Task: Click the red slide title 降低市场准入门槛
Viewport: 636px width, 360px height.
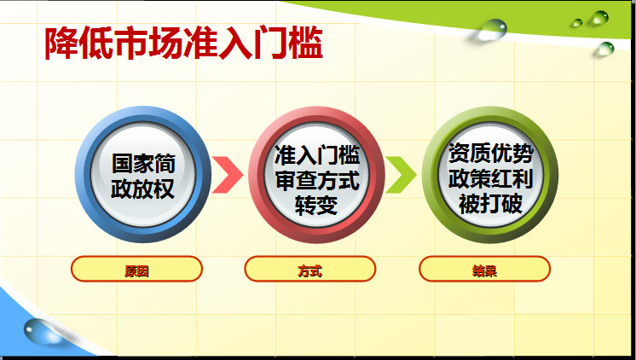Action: pos(184,43)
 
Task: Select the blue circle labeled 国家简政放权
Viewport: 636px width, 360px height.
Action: pos(142,175)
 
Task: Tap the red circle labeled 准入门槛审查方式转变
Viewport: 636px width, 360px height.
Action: pos(316,175)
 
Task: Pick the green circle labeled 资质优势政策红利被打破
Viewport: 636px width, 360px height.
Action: pos(490,175)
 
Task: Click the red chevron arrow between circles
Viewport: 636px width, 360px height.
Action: pos(228,175)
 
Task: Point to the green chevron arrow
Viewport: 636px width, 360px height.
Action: pos(402,175)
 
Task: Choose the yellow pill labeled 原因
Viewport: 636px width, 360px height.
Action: pos(136,269)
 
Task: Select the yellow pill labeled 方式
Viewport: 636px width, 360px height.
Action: pos(310,269)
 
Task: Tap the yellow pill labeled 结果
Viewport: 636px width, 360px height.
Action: pos(485,269)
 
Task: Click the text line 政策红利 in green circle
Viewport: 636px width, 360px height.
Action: pos(490,178)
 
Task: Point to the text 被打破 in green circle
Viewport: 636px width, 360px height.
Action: pos(490,203)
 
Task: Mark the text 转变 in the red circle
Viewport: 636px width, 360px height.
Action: pos(316,205)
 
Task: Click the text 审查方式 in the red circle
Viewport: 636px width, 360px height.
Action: pos(317,180)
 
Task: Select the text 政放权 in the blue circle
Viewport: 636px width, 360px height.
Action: pos(142,189)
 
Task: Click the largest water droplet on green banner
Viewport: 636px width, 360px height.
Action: pos(492,30)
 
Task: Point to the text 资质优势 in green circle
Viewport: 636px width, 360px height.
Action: pos(490,153)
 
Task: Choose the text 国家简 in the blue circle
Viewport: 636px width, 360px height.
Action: pos(143,163)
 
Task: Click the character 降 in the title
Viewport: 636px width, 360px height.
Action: pos(61,43)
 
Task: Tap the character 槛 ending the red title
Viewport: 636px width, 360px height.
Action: pos(306,43)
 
